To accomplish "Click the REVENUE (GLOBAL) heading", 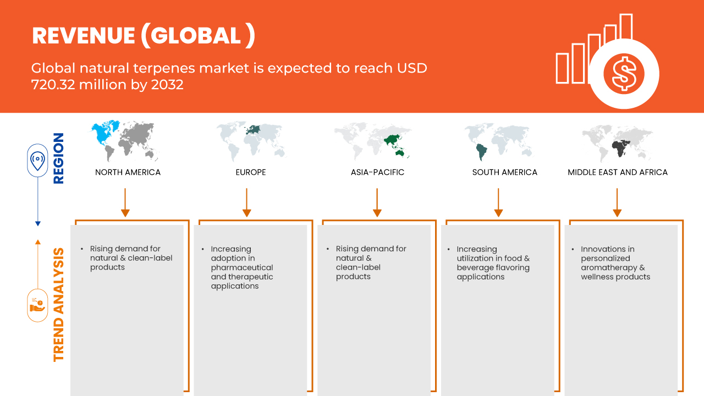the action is coord(144,36).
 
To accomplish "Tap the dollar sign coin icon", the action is coord(624,74).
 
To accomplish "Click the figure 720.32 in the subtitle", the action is coord(53,85).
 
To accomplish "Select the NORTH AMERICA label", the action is coord(128,172).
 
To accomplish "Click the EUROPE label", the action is coord(251,172).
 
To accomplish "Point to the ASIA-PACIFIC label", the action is coord(377,172).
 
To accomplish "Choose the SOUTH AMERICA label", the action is coord(505,172).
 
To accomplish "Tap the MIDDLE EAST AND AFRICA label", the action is coord(618,172).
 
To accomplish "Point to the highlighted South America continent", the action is coord(481,152).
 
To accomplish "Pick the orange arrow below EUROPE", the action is coord(247,202).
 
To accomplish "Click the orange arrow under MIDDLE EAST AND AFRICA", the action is coord(617,202).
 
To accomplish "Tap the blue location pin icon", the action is coord(37,160).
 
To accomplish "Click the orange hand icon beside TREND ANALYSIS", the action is coord(37,305).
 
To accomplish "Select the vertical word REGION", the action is coord(59,158).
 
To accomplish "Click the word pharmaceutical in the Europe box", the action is coord(242,268).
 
